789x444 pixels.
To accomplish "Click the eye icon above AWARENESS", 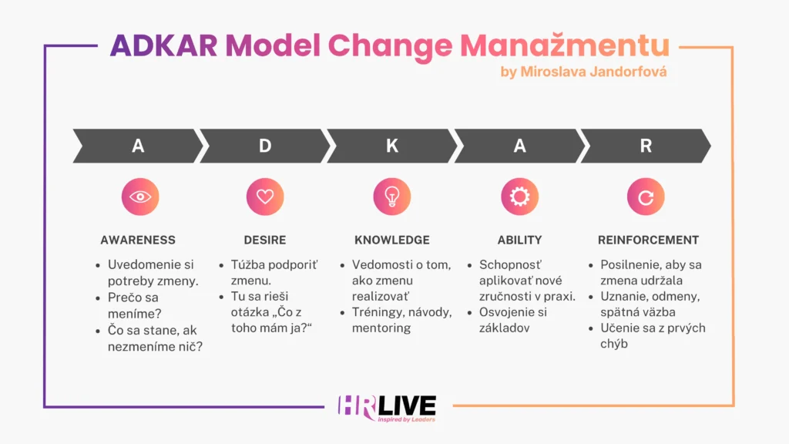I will pyautogui.click(x=140, y=197).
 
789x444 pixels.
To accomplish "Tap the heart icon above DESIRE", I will pyautogui.click(x=265, y=197).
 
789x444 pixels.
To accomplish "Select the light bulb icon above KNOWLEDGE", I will pyautogui.click(x=392, y=197).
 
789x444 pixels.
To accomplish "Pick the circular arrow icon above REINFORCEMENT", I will pyautogui.click(x=646, y=197).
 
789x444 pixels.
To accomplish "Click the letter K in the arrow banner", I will pyautogui.click(x=392, y=146).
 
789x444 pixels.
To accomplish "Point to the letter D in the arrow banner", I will pyautogui.click(x=265, y=146).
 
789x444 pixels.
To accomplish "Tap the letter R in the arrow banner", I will pyautogui.click(x=646, y=146).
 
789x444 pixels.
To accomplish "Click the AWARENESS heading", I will pyautogui.click(x=138, y=240).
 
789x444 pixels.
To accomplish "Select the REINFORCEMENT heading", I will pyautogui.click(x=648, y=240).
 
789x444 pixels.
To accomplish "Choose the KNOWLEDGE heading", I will pyautogui.click(x=392, y=240).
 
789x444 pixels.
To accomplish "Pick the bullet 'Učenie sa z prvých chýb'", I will pyautogui.click(x=653, y=336).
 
